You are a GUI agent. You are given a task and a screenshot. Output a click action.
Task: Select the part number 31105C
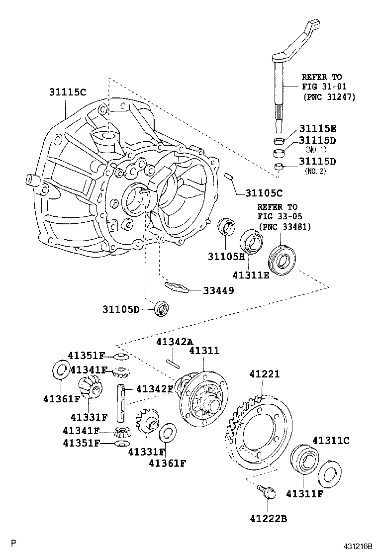264,192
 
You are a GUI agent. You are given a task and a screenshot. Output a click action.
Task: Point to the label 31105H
227,256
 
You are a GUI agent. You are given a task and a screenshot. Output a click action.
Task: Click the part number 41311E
250,275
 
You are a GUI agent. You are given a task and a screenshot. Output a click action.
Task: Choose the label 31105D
121,309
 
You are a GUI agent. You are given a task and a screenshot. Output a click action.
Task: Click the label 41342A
174,342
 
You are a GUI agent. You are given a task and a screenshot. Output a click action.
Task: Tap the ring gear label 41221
261,373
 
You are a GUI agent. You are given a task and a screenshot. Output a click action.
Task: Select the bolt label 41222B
269,519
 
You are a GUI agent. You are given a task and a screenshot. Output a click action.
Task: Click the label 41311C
331,440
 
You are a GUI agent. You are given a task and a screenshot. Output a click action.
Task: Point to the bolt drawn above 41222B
267,492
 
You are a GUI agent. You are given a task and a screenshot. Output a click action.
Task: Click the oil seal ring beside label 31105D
162,308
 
